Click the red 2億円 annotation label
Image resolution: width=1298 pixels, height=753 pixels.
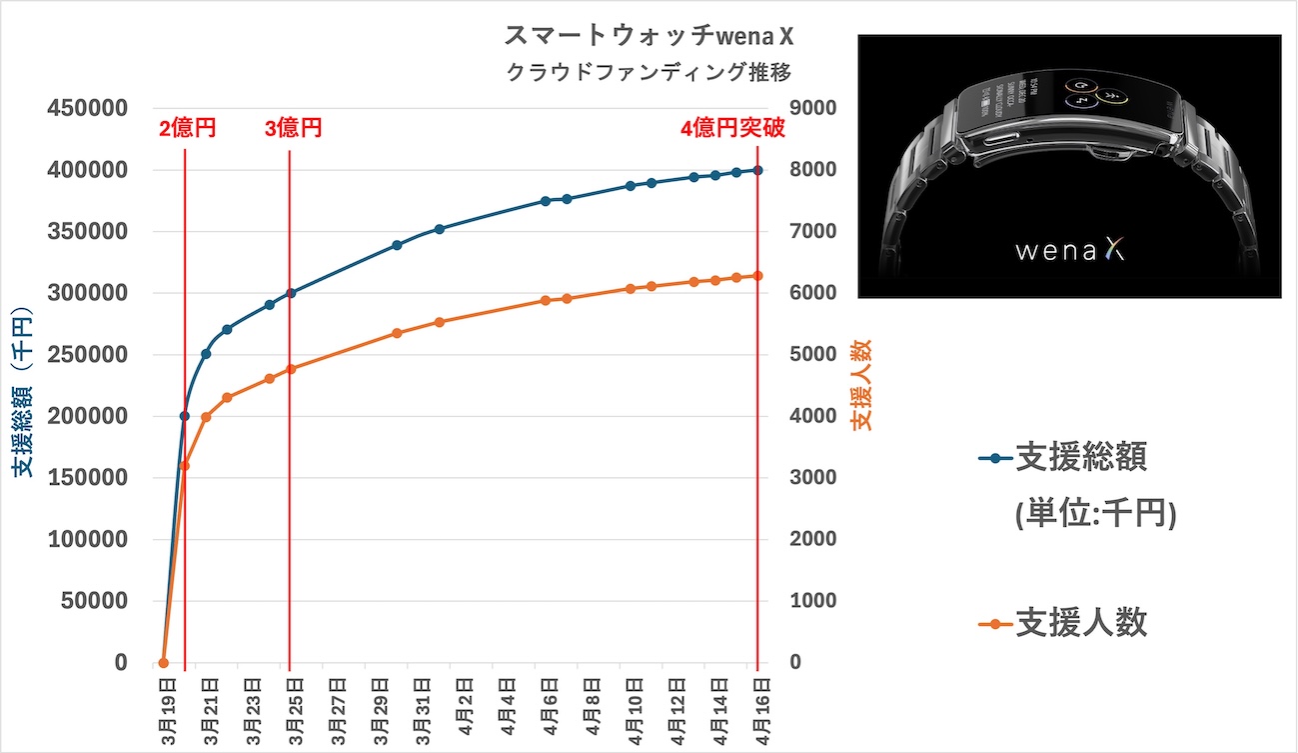[x=187, y=128]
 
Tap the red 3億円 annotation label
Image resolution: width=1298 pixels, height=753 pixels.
[x=293, y=128]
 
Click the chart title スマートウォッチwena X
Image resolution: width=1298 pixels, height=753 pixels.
[x=649, y=37]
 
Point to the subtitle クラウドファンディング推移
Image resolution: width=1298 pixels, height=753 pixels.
[x=649, y=72]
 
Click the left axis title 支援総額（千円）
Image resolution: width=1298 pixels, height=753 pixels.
[x=24, y=393]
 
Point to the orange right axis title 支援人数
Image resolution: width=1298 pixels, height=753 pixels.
[x=861, y=385]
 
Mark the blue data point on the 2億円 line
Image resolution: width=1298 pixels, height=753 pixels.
[x=185, y=416]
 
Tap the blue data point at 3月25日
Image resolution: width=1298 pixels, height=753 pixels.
[x=291, y=293]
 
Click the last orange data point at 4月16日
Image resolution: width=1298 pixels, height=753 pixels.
[x=757, y=276]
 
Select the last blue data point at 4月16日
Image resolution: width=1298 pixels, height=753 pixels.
[x=757, y=170]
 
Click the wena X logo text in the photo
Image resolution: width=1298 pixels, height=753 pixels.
[x=1069, y=251]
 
